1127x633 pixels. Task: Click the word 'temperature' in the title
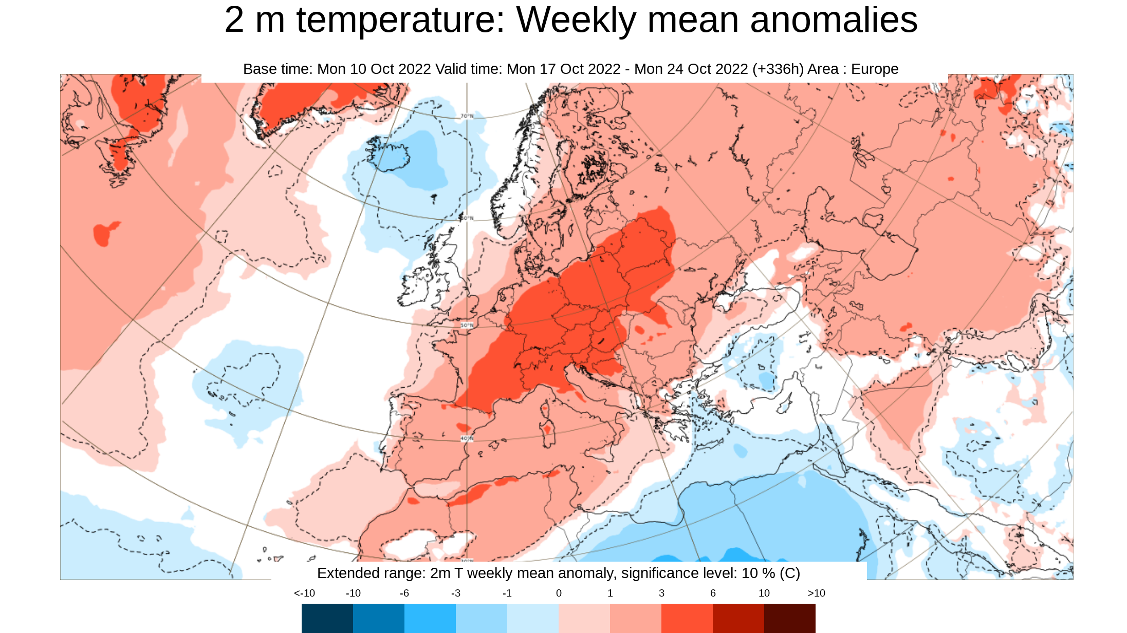click(x=401, y=21)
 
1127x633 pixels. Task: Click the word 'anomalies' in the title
click(x=834, y=21)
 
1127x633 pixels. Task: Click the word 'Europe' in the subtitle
click(x=875, y=69)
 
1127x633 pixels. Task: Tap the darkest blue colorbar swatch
click(x=327, y=618)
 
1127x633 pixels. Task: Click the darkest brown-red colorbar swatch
click(x=789, y=618)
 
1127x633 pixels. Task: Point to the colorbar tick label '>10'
click(x=816, y=593)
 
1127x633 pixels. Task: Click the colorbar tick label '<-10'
click(x=304, y=593)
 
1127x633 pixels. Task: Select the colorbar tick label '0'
click(x=559, y=593)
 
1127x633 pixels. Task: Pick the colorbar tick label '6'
click(x=713, y=593)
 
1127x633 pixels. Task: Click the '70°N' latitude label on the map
click(x=467, y=117)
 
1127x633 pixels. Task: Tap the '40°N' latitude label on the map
click(x=466, y=438)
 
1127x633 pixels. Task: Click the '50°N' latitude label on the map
click(x=467, y=325)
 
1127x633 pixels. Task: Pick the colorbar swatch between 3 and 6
click(x=687, y=618)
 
